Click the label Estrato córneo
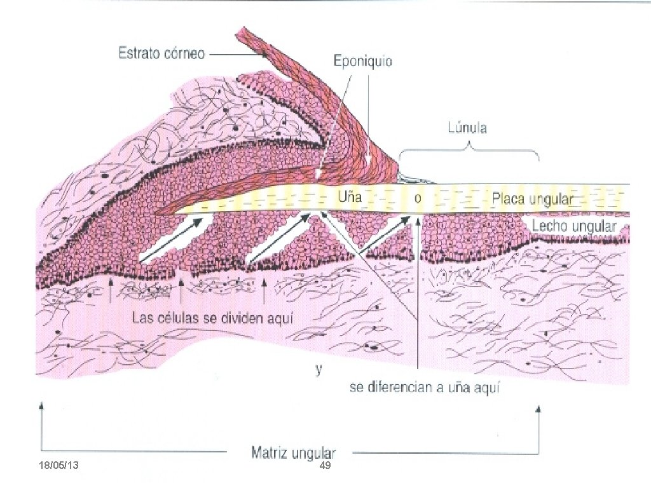point(161,54)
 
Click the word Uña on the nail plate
point(350,197)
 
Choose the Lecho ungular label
point(574,226)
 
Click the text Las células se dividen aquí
point(212,317)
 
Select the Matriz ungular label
point(294,454)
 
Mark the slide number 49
point(325,467)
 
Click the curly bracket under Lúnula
point(469,151)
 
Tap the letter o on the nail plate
point(417,198)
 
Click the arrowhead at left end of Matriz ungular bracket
point(42,407)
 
